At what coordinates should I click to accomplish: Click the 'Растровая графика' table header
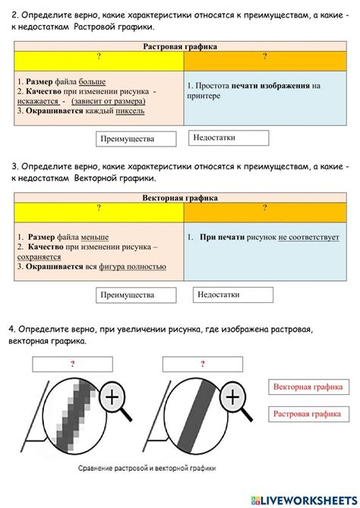(180, 46)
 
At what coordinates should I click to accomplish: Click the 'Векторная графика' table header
(180, 197)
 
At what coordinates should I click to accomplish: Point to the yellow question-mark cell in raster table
(99, 58)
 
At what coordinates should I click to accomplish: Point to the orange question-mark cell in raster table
(265, 58)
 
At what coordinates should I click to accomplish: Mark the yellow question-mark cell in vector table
(99, 210)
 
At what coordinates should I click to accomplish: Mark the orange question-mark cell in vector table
(265, 210)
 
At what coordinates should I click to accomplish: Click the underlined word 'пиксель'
(130, 112)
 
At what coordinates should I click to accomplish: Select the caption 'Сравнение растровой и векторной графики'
(147, 469)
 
